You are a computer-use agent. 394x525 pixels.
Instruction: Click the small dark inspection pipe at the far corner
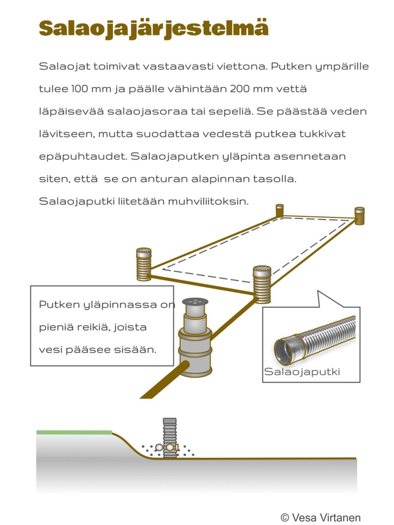280,210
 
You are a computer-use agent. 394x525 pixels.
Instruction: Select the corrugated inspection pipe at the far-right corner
360,215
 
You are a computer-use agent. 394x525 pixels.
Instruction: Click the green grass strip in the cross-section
74,432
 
